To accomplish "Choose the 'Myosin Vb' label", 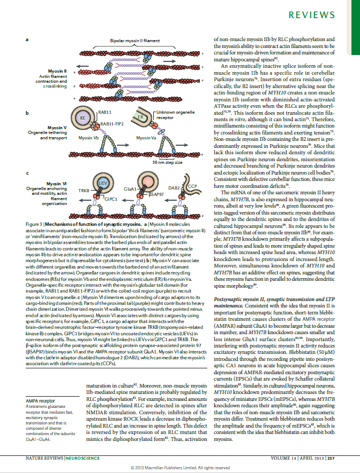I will click(88, 137).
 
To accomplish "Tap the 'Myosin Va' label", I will click(146, 137).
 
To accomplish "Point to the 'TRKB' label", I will click(84, 190).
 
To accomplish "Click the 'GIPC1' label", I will click(111, 199).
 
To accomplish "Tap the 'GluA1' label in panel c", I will click(130, 189).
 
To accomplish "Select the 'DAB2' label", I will click(174, 188).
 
